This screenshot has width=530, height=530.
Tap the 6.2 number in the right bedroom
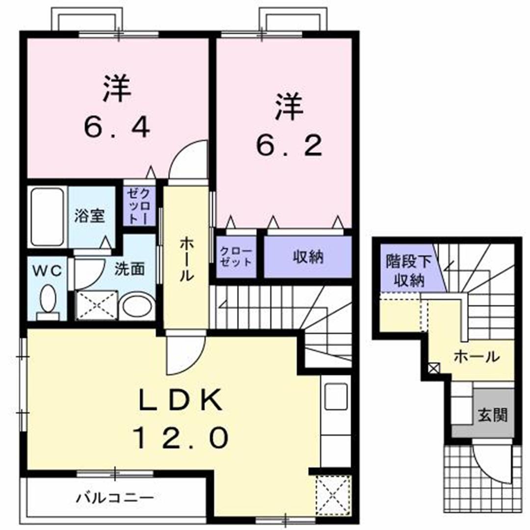pos(289,145)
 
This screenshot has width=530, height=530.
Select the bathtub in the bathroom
pos(47,217)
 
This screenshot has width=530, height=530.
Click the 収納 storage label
pos(308,257)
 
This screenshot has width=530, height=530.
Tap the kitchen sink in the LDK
pos(336,396)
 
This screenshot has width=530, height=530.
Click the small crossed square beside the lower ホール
pos(434,368)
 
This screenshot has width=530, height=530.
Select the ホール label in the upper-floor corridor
pos(185,259)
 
